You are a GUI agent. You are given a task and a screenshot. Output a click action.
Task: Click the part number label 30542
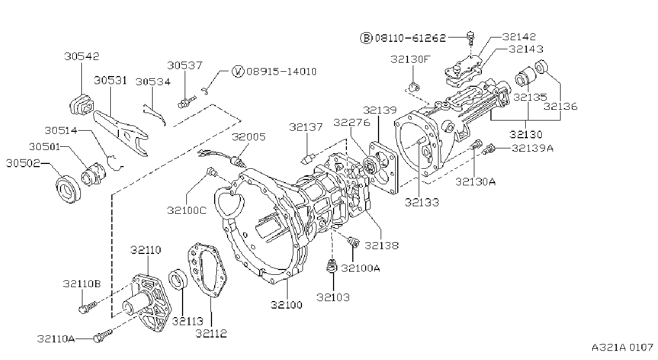coord(82,56)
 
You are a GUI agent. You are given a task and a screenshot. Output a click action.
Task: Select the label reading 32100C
coord(187,211)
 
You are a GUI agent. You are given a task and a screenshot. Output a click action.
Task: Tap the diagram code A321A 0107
coord(622,348)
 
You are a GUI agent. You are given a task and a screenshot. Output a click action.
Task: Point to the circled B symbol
coord(366,38)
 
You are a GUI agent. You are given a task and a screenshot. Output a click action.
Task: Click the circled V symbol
coord(238,71)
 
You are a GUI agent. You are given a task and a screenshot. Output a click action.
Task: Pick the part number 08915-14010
coord(282,72)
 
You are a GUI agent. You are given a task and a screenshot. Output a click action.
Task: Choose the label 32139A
coord(533,148)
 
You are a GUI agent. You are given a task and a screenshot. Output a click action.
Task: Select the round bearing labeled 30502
coord(68,189)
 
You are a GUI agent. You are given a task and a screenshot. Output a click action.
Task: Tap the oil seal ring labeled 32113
coord(178,279)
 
